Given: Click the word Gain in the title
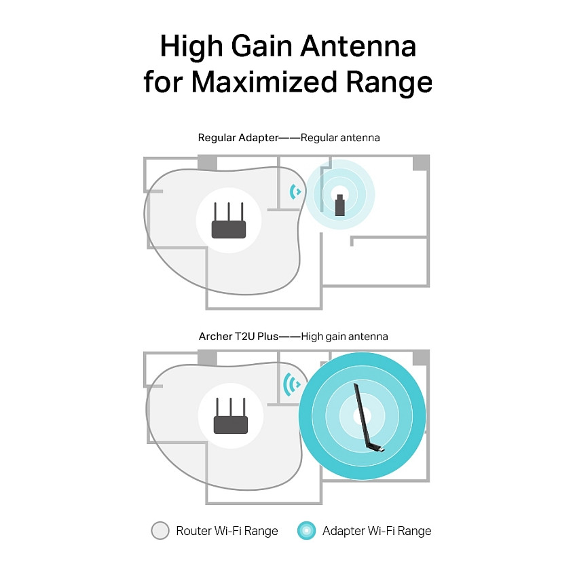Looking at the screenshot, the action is tap(261, 46).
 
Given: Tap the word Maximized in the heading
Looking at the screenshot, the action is tap(264, 81).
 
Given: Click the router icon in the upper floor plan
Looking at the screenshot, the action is tap(229, 220).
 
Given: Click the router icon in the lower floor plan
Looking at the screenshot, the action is tap(231, 415).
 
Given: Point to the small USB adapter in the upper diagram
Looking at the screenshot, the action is tap(340, 205).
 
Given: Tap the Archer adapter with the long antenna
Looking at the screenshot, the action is tap(367, 418).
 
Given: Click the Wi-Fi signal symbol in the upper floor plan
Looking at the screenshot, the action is tap(295, 191).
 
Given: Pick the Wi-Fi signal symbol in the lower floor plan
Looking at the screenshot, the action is tap(291, 384).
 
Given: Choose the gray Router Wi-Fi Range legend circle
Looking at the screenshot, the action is tap(160, 530).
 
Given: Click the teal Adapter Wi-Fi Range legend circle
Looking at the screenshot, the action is tap(307, 530).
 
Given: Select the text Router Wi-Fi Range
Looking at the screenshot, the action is tap(227, 531).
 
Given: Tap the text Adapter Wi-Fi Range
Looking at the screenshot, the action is tap(377, 531).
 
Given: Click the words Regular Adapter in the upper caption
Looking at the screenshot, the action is tap(238, 138).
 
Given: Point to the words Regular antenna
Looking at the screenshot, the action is tap(340, 138).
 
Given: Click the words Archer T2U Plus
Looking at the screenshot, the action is tap(239, 336).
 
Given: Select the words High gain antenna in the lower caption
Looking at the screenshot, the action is tap(344, 337).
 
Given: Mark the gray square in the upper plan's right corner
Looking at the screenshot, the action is tap(421, 162).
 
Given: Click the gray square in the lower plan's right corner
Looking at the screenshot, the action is tap(421, 358).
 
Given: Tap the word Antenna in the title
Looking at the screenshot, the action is tap(358, 46).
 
